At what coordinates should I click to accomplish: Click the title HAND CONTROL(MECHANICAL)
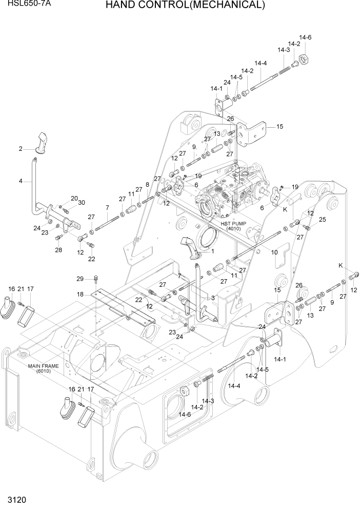185,6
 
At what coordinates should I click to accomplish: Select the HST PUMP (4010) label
233,226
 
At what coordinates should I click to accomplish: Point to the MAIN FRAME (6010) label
44,368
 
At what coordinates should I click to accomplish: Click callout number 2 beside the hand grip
21,149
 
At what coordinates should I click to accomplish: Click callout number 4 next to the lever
21,181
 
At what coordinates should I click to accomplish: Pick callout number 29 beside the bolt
80,279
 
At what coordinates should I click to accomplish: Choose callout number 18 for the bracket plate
80,294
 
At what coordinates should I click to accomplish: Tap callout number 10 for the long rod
274,252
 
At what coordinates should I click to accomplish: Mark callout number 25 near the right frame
322,220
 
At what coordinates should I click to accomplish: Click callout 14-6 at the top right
306,37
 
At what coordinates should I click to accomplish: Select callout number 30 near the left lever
82,203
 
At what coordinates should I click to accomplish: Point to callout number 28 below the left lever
58,250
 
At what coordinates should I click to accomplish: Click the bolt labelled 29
96,280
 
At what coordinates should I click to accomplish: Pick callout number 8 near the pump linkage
147,184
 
